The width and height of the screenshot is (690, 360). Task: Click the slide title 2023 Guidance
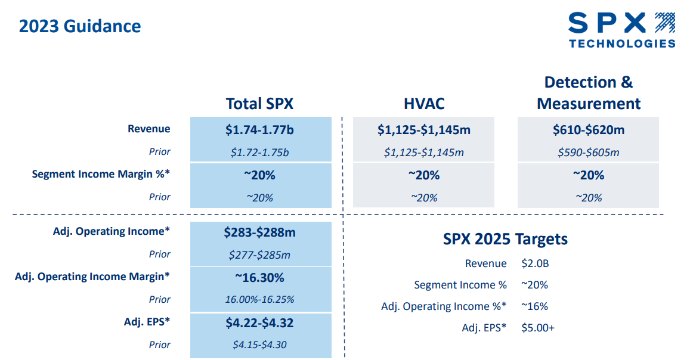[80, 26]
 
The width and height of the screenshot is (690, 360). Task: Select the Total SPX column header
[259, 103]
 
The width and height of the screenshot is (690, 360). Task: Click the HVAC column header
[424, 103]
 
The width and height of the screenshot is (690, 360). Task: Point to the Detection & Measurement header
[588, 93]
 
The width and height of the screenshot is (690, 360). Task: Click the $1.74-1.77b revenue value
[260, 129]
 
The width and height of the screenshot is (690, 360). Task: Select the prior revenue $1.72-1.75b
[260, 153]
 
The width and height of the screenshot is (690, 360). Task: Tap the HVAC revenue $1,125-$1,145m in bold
[424, 129]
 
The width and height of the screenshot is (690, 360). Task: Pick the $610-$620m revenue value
[588, 129]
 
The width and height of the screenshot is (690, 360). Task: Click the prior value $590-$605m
[588, 153]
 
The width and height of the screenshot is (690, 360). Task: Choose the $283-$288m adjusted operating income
[260, 232]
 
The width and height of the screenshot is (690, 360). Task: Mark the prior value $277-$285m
[260, 255]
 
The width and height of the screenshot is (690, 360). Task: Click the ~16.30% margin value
[260, 278]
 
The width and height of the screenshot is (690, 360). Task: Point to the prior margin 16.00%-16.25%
[260, 300]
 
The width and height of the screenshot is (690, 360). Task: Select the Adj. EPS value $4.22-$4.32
[260, 323]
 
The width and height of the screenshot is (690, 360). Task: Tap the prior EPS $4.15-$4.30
[260, 345]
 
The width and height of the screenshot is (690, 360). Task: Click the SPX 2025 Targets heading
[505, 240]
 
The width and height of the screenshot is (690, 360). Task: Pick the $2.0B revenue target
[534, 263]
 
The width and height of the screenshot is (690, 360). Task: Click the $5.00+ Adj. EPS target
[538, 328]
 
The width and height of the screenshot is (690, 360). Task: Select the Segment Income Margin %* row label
[101, 175]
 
